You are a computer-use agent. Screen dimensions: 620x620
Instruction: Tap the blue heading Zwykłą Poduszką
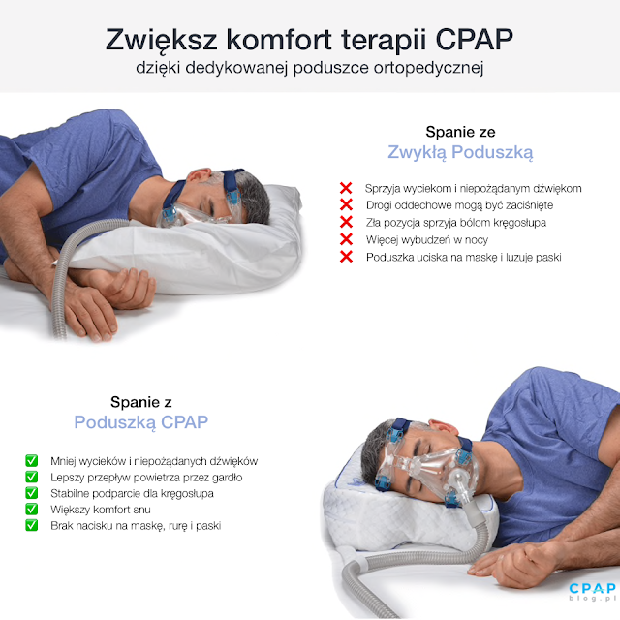pyautogui.click(x=460, y=152)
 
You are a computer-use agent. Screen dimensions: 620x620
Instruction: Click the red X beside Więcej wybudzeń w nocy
pyautogui.click(x=345, y=239)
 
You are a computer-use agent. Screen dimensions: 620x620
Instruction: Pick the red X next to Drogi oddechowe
pyautogui.click(x=345, y=204)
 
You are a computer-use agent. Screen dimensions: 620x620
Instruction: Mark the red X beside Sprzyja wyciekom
pyautogui.click(x=345, y=187)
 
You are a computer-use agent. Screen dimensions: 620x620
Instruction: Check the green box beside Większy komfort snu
pyautogui.click(x=31, y=510)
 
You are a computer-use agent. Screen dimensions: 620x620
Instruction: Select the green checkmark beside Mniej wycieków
pyautogui.click(x=31, y=460)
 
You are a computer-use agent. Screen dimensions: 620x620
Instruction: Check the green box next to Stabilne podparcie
pyautogui.click(x=31, y=493)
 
